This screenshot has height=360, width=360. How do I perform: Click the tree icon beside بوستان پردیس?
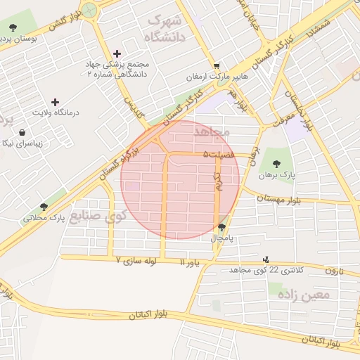[13, 27]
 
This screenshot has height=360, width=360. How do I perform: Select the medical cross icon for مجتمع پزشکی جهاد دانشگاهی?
[117, 53]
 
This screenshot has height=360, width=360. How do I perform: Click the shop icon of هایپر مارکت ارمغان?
[217, 65]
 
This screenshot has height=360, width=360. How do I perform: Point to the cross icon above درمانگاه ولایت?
[56, 102]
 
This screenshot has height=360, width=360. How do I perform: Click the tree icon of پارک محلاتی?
[44, 207]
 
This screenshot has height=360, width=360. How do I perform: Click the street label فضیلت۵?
[217, 153]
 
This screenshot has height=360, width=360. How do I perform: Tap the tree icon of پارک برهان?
[275, 163]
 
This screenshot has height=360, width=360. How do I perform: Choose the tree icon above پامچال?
[223, 227]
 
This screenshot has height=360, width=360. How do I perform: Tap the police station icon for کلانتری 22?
[265, 259]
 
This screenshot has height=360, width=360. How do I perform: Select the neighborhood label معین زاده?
[304, 295]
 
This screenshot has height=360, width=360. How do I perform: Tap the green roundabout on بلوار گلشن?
[89, 10]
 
